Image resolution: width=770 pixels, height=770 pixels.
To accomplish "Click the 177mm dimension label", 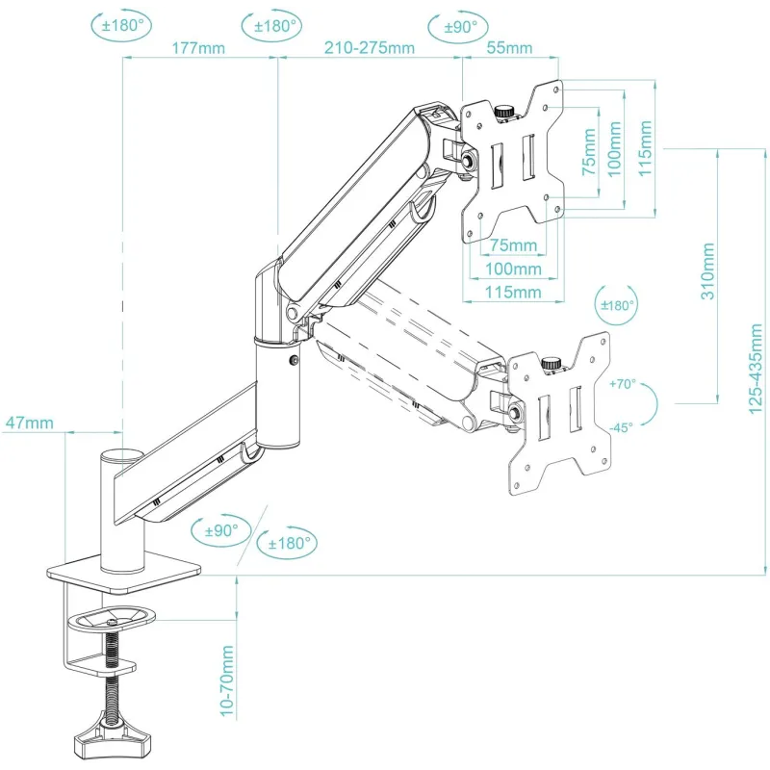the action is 198,48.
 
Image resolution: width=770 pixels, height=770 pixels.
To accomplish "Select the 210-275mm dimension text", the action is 370,47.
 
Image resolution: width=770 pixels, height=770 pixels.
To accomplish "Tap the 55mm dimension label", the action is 509,47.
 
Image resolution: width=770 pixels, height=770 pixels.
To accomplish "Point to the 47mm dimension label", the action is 30,423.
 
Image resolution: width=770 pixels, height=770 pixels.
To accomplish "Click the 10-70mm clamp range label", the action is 226,681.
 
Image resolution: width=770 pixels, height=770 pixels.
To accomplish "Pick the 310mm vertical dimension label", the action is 707,270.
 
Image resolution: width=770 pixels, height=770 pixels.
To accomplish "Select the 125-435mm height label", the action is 756,369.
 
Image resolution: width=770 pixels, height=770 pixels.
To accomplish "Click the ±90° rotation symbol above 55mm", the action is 458,28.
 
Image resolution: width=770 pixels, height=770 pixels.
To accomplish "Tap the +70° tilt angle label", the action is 622,383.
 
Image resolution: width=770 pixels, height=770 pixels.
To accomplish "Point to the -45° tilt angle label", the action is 621,427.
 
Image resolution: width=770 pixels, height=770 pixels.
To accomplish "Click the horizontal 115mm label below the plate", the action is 513,293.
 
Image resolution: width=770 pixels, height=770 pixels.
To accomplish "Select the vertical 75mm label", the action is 589,152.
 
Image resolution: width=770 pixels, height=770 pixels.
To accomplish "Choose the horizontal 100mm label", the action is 513,269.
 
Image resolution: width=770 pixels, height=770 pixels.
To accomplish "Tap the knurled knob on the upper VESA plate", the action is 503,112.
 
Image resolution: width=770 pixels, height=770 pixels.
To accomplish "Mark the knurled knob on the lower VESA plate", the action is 552,364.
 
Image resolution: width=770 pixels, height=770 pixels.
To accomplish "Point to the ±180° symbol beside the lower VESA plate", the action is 617,304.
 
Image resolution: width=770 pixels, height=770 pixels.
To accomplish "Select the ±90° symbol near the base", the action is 220,530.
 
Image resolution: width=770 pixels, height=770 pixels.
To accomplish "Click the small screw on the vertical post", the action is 294,361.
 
